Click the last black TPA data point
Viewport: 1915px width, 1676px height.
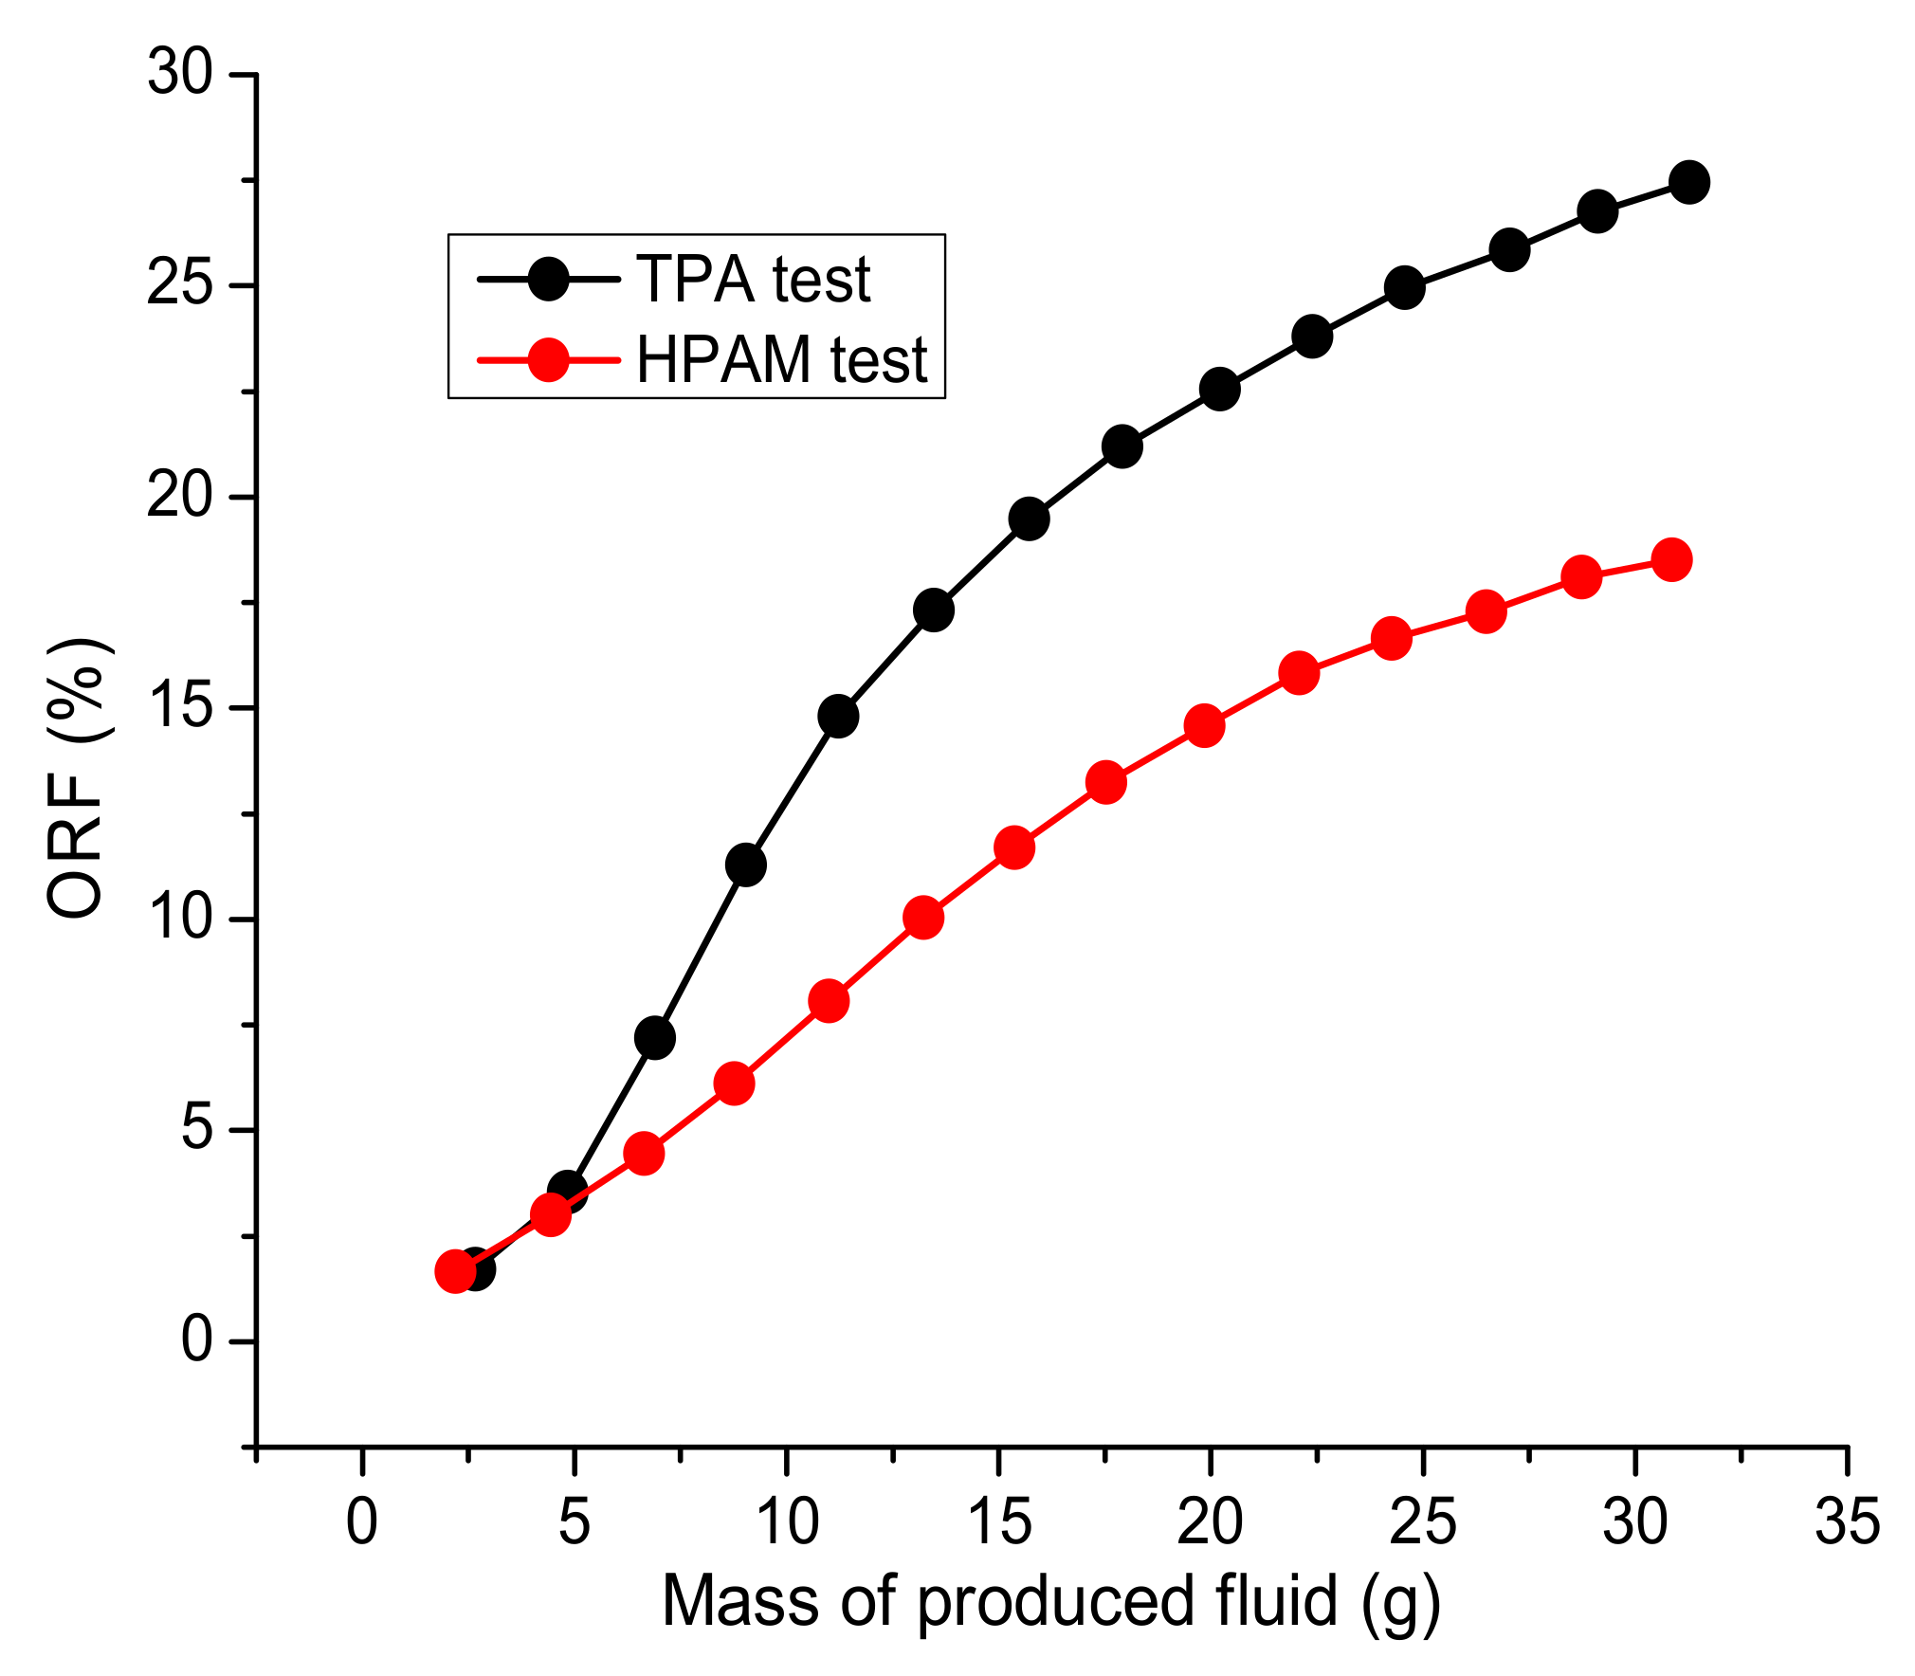tap(1689, 182)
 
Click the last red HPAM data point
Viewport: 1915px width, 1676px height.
tap(1671, 559)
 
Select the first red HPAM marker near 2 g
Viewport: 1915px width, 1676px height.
tap(455, 1272)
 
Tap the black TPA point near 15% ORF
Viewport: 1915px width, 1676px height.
tap(838, 716)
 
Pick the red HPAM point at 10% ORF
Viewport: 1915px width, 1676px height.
tap(923, 918)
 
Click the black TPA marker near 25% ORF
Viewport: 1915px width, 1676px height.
tap(1405, 286)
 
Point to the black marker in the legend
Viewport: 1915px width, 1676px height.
tap(548, 279)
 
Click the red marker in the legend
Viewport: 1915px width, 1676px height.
tap(548, 359)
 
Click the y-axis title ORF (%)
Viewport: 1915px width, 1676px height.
tap(78, 777)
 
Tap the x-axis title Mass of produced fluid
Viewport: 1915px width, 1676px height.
tap(1050, 1601)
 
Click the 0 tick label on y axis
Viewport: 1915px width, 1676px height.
tap(196, 1340)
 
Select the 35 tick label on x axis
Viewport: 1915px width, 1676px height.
tap(1847, 1522)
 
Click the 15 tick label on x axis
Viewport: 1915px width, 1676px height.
tap(998, 1522)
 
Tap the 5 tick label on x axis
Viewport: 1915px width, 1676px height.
tap(574, 1522)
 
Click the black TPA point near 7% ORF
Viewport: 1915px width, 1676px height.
tap(655, 1038)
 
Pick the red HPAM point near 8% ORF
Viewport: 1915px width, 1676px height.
tap(829, 1001)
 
